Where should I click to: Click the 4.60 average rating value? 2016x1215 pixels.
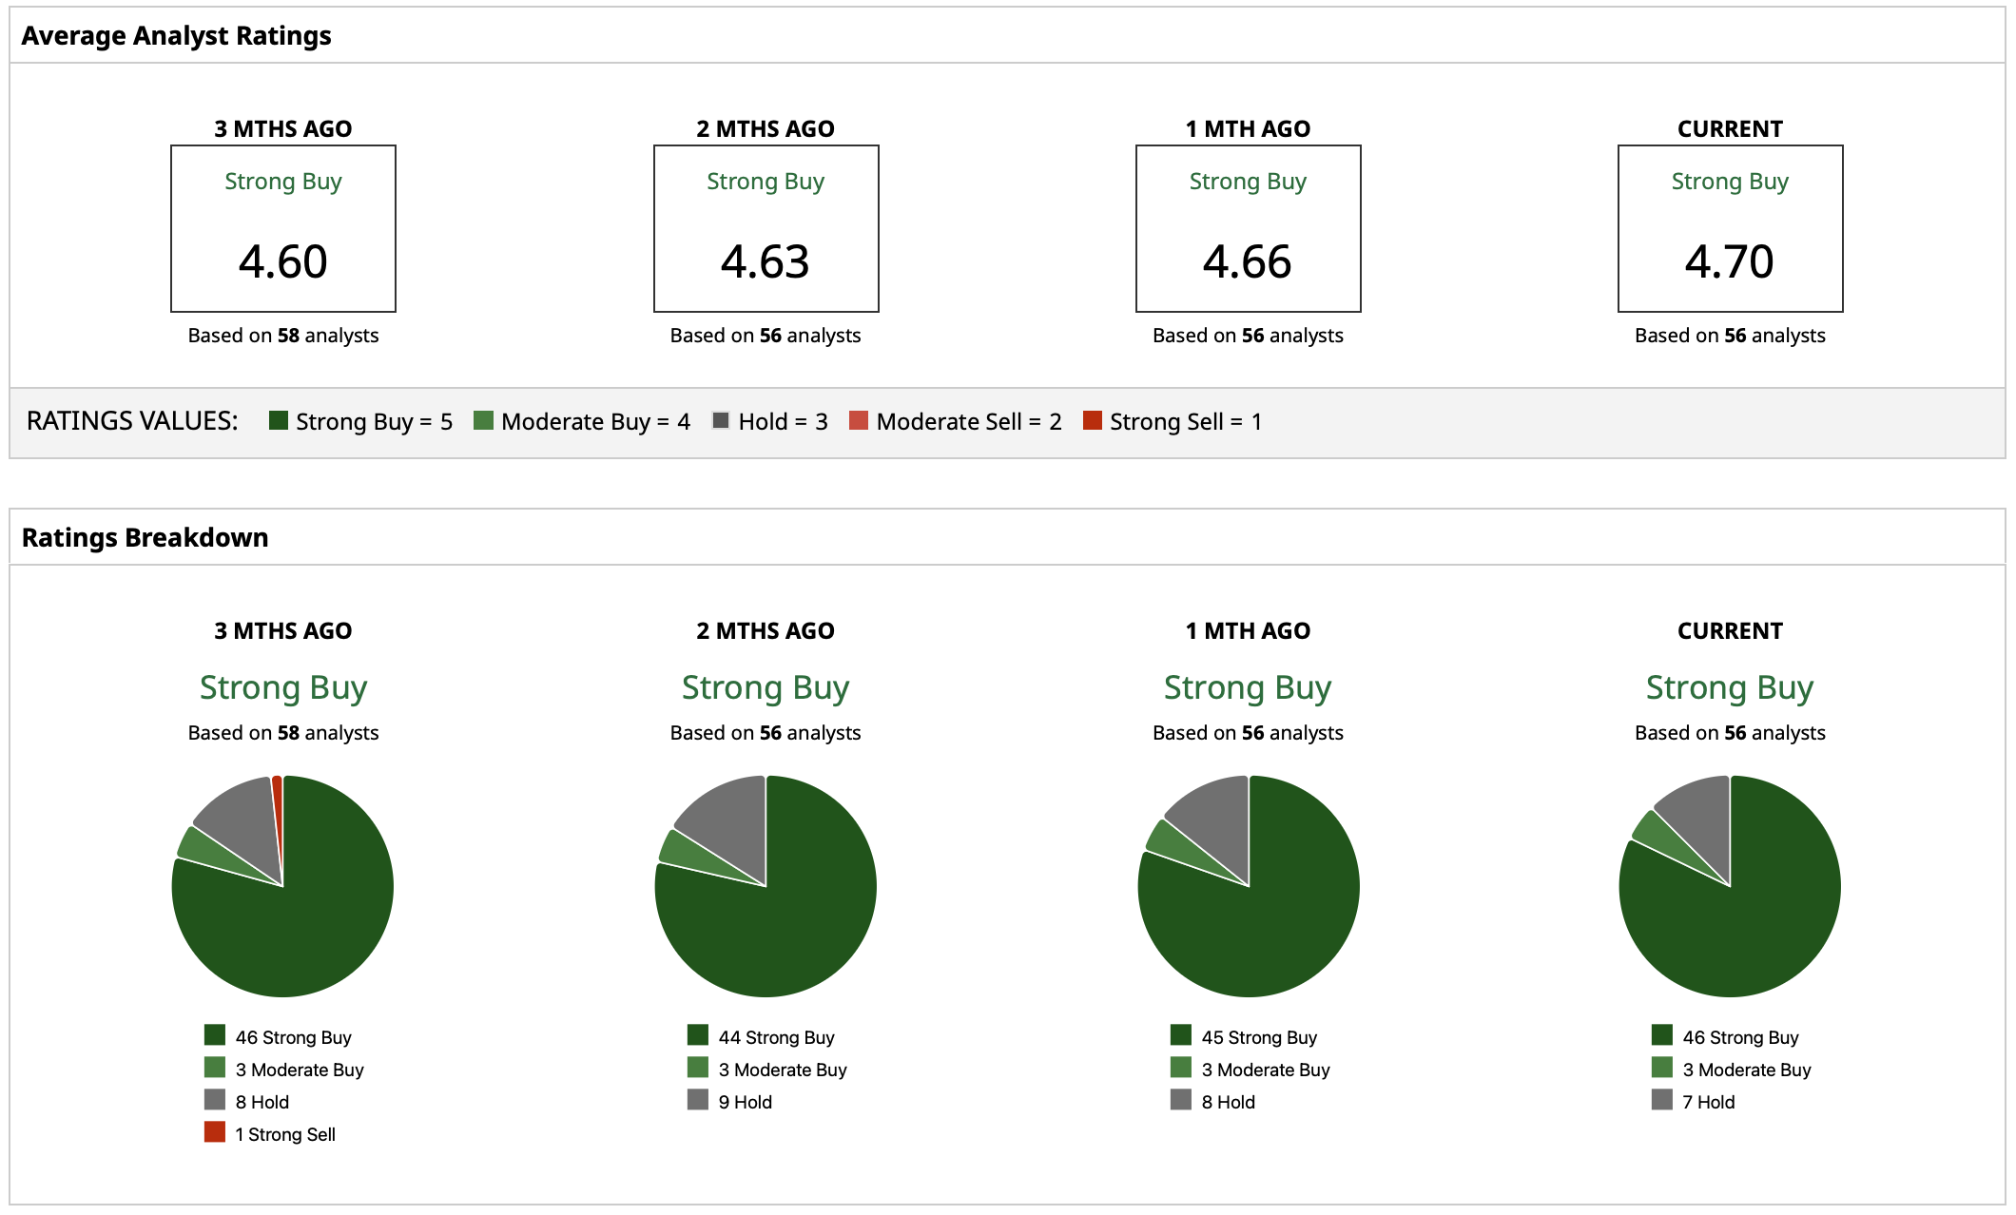283,261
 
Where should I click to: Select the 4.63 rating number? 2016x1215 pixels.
766,261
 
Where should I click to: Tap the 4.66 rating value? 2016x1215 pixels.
1248,261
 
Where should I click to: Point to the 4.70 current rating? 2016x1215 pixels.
1730,261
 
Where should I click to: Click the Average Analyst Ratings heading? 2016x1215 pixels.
176,36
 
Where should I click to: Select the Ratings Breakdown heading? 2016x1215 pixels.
145,538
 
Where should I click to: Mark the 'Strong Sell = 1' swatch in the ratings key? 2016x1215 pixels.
1093,420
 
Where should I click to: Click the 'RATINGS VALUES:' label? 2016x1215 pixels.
132,421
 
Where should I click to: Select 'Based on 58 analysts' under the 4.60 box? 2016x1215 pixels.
283,336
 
